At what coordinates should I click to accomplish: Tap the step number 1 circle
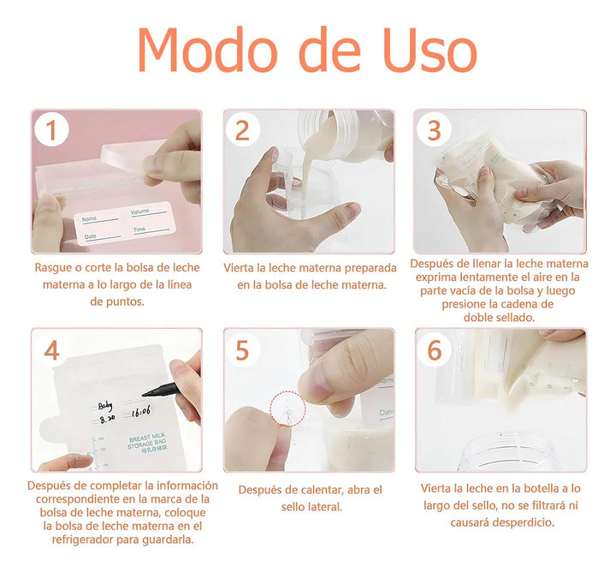[x=52, y=130]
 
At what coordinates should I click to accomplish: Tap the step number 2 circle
[x=243, y=130]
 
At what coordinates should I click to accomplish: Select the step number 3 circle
[x=434, y=130]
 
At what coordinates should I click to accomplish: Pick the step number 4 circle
[x=52, y=349]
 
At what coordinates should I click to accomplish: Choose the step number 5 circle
[x=243, y=349]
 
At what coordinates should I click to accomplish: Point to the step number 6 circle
[x=434, y=349]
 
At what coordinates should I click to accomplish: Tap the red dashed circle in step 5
[x=287, y=411]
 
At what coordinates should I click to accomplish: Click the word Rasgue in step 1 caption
[x=56, y=268]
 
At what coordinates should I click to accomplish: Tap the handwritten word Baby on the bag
[x=104, y=406]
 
